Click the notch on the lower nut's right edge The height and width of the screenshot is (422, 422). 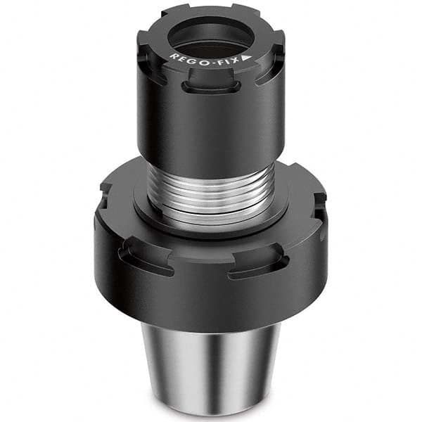coord(321,204)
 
